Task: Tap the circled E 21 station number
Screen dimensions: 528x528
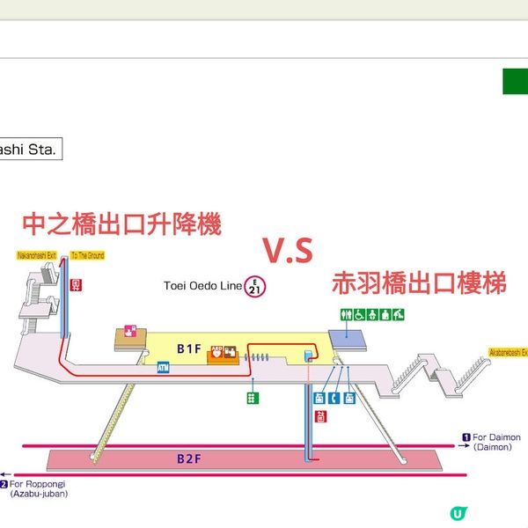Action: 254,286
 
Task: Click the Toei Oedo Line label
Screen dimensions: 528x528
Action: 202,285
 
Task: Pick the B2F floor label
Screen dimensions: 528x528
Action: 189,458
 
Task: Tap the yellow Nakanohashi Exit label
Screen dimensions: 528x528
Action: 36,255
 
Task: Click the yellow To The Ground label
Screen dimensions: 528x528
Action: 87,255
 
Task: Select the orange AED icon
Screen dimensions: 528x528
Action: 216,352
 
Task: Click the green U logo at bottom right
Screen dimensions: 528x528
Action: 458,513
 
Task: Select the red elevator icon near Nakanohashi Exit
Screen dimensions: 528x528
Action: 76,283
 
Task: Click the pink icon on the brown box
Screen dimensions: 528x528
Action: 131,331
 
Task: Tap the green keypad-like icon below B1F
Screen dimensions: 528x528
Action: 253,398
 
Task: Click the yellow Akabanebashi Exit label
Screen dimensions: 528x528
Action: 508,352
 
